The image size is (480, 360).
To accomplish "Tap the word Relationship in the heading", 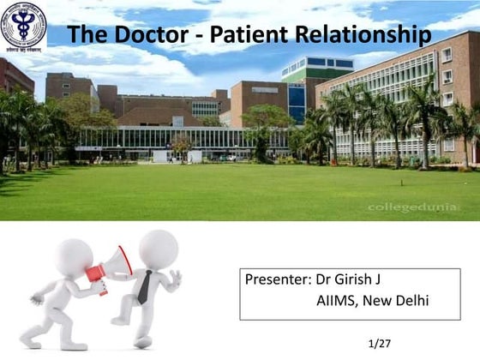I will (361, 35).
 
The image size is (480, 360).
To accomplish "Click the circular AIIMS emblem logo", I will (23, 25).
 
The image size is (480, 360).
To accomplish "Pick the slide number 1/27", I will (378, 344).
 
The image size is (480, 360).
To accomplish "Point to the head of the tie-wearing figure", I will (159, 249).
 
